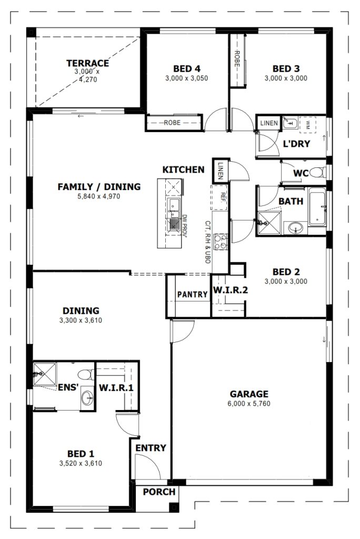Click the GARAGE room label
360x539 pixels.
click(x=248, y=394)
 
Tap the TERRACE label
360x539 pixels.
click(x=88, y=63)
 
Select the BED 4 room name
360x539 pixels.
click(x=187, y=69)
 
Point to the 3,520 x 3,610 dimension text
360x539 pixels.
click(x=81, y=463)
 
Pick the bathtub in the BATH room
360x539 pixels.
click(x=317, y=207)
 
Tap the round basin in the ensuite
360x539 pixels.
click(x=87, y=399)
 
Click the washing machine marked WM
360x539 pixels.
click(x=307, y=124)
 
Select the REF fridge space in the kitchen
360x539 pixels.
click(x=218, y=197)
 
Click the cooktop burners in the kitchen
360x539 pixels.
click(x=221, y=242)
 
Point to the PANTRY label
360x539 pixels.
click(x=192, y=295)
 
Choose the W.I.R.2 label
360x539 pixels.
click(x=231, y=290)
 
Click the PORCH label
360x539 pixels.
click(x=159, y=492)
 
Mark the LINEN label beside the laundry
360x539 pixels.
click(x=269, y=123)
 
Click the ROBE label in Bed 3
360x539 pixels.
click(x=237, y=59)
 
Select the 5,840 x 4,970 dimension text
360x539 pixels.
click(x=99, y=197)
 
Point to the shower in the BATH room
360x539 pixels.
click(x=269, y=223)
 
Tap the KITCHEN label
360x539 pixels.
click(x=183, y=170)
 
